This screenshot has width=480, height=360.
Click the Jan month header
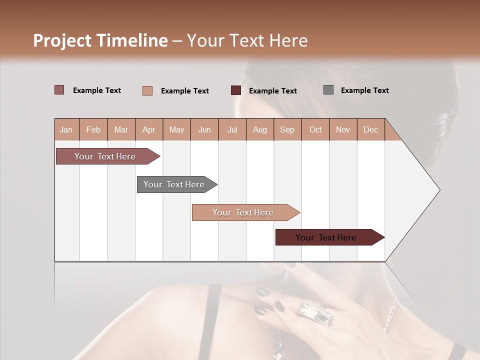click(66, 129)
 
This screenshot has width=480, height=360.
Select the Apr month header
click(148, 129)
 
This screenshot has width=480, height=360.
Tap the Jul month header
click(232, 129)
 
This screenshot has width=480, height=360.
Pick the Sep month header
click(287, 129)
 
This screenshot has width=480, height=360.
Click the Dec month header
click(370, 129)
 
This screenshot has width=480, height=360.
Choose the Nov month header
click(342, 129)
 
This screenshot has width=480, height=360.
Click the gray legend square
click(328, 90)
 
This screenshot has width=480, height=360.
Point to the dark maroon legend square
click(236, 90)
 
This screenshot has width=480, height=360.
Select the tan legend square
click(147, 90)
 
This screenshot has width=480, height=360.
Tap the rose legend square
click(59, 90)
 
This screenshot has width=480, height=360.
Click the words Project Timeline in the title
click(100, 40)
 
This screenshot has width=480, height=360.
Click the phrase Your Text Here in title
click(247, 40)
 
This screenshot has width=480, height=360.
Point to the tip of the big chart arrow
click(439, 190)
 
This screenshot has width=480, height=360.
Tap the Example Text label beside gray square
click(364, 90)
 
